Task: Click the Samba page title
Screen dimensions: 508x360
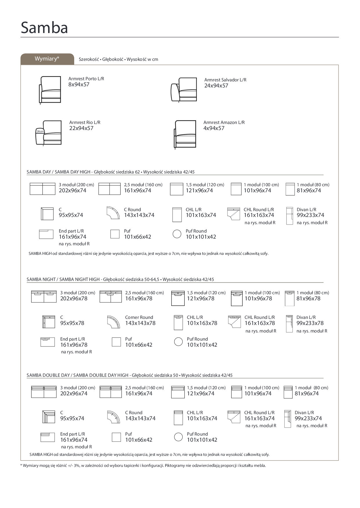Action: pyautogui.click(x=44, y=28)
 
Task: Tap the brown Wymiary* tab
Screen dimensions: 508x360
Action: pyautogui.click(x=47, y=59)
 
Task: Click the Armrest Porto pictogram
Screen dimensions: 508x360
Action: pyautogui.click(x=50, y=90)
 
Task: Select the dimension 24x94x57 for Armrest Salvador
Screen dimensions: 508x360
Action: pyautogui.click(x=216, y=86)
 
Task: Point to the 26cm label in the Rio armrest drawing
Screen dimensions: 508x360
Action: pyautogui.click(x=40, y=131)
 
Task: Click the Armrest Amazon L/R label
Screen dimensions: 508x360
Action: pyautogui.click(x=224, y=123)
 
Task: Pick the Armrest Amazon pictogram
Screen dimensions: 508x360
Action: pyautogui.click(x=185, y=134)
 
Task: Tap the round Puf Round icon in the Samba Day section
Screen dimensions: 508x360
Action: pyautogui.click(x=177, y=234)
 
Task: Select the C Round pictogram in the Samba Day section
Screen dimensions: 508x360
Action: pyautogui.click(x=113, y=213)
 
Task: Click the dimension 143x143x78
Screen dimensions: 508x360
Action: pyautogui.click(x=140, y=323)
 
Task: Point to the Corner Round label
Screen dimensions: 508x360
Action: pyautogui.click(x=139, y=317)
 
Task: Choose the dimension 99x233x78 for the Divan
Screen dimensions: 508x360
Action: pyautogui.click(x=310, y=323)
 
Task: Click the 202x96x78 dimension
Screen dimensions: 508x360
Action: pyautogui.click(x=74, y=299)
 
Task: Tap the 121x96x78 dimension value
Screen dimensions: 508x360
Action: pyautogui.click(x=201, y=299)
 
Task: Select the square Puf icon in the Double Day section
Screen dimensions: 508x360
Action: pyautogui.click(x=116, y=437)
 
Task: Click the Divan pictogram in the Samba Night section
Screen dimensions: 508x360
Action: pyautogui.click(x=289, y=324)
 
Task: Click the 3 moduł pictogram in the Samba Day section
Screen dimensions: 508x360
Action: pyautogui.click(x=43, y=189)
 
